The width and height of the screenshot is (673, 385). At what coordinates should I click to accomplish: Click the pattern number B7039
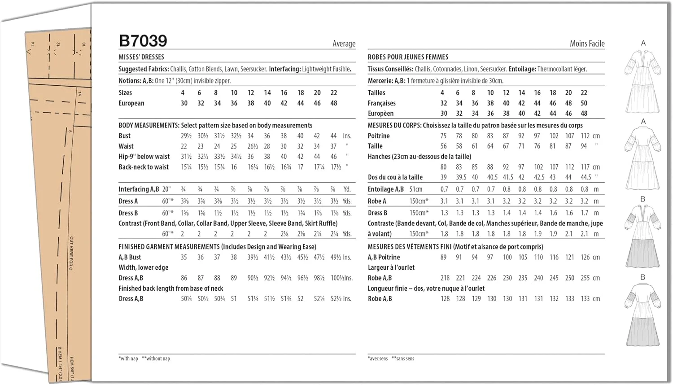click(143, 41)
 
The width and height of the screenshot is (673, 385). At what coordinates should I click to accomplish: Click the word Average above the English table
click(344, 44)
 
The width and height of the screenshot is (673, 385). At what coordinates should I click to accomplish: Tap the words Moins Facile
click(587, 44)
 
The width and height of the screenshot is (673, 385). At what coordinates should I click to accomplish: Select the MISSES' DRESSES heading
click(141, 57)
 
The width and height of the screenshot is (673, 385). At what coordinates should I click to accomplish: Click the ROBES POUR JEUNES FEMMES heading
click(408, 57)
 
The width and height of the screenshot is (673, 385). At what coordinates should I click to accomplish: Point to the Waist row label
click(126, 146)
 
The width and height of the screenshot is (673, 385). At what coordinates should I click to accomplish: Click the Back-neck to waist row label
click(144, 167)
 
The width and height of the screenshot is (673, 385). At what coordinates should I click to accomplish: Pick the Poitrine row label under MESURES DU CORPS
click(379, 136)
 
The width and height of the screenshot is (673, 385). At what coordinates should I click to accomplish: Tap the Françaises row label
click(381, 103)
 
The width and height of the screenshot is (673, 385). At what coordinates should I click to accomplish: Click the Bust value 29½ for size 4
click(186, 136)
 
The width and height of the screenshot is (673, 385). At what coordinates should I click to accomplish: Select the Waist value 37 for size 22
click(333, 146)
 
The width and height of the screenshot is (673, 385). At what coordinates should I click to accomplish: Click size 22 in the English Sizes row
click(333, 93)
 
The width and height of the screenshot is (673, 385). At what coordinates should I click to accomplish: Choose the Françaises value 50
click(584, 103)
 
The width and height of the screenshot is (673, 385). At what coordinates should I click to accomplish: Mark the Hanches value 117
click(585, 167)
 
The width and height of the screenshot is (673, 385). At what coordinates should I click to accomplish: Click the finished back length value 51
click(234, 299)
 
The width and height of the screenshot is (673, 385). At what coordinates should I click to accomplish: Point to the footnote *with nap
click(128, 359)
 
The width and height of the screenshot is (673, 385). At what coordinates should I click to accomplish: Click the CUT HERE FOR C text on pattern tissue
click(71, 253)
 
